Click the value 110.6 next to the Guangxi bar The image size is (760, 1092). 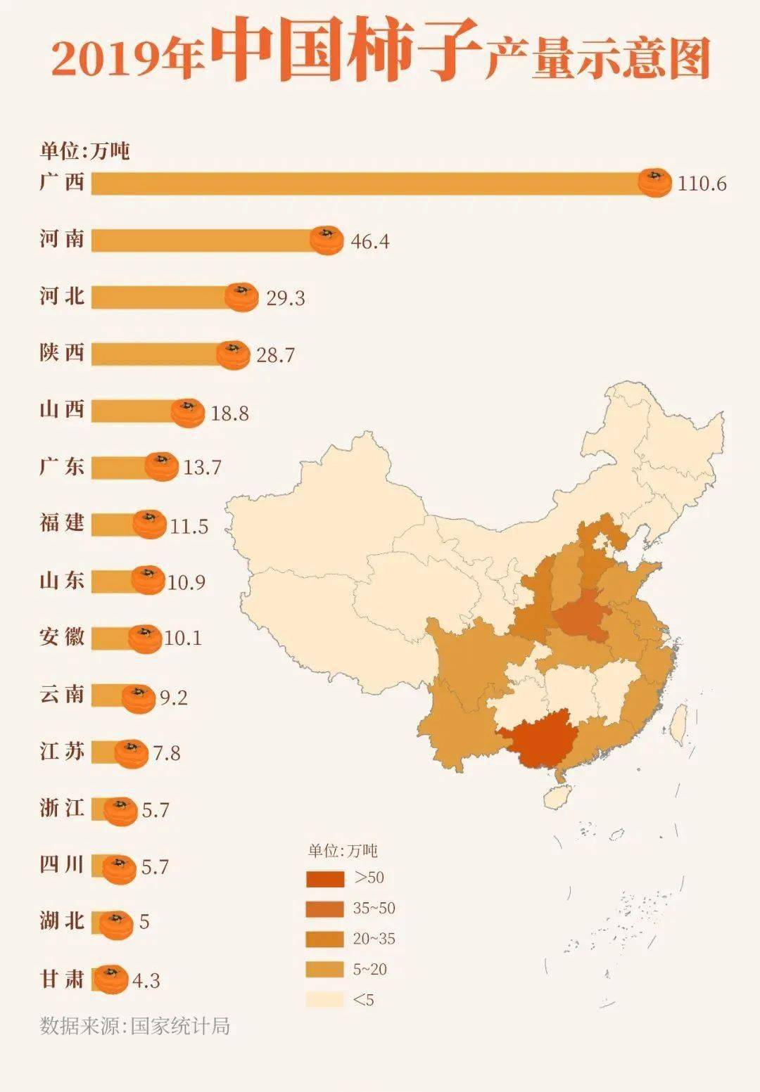click(x=702, y=184)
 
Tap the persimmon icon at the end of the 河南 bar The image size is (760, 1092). click(x=327, y=240)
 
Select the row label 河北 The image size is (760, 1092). click(x=62, y=296)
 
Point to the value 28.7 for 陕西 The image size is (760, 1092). click(x=275, y=355)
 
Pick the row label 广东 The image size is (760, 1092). click(x=62, y=466)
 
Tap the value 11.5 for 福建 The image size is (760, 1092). click(x=189, y=527)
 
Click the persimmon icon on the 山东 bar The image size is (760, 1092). click(x=148, y=581)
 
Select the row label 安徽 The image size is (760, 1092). click(x=62, y=637)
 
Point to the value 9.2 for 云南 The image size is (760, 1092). click(x=173, y=698)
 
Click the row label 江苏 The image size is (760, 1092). click(x=62, y=751)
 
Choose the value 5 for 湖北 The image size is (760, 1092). click(x=144, y=922)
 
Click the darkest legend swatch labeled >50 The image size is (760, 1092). click(x=325, y=878)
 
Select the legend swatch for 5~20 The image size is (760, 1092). click(x=325, y=970)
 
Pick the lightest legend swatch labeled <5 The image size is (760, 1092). click(x=325, y=1000)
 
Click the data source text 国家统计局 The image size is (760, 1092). click(x=180, y=1026)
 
